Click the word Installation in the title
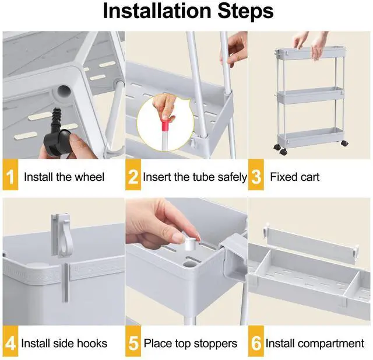(x=157, y=11)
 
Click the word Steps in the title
(x=245, y=12)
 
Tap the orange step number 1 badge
(x=10, y=175)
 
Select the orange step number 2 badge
(x=133, y=175)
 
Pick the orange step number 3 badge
(x=256, y=175)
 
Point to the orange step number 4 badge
(x=10, y=341)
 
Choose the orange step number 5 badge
(x=133, y=341)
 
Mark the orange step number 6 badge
(x=256, y=341)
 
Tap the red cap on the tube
(x=166, y=125)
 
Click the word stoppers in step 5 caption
(x=216, y=344)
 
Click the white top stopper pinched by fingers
(x=191, y=243)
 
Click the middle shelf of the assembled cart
(x=310, y=95)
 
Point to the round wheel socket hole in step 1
(x=64, y=92)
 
